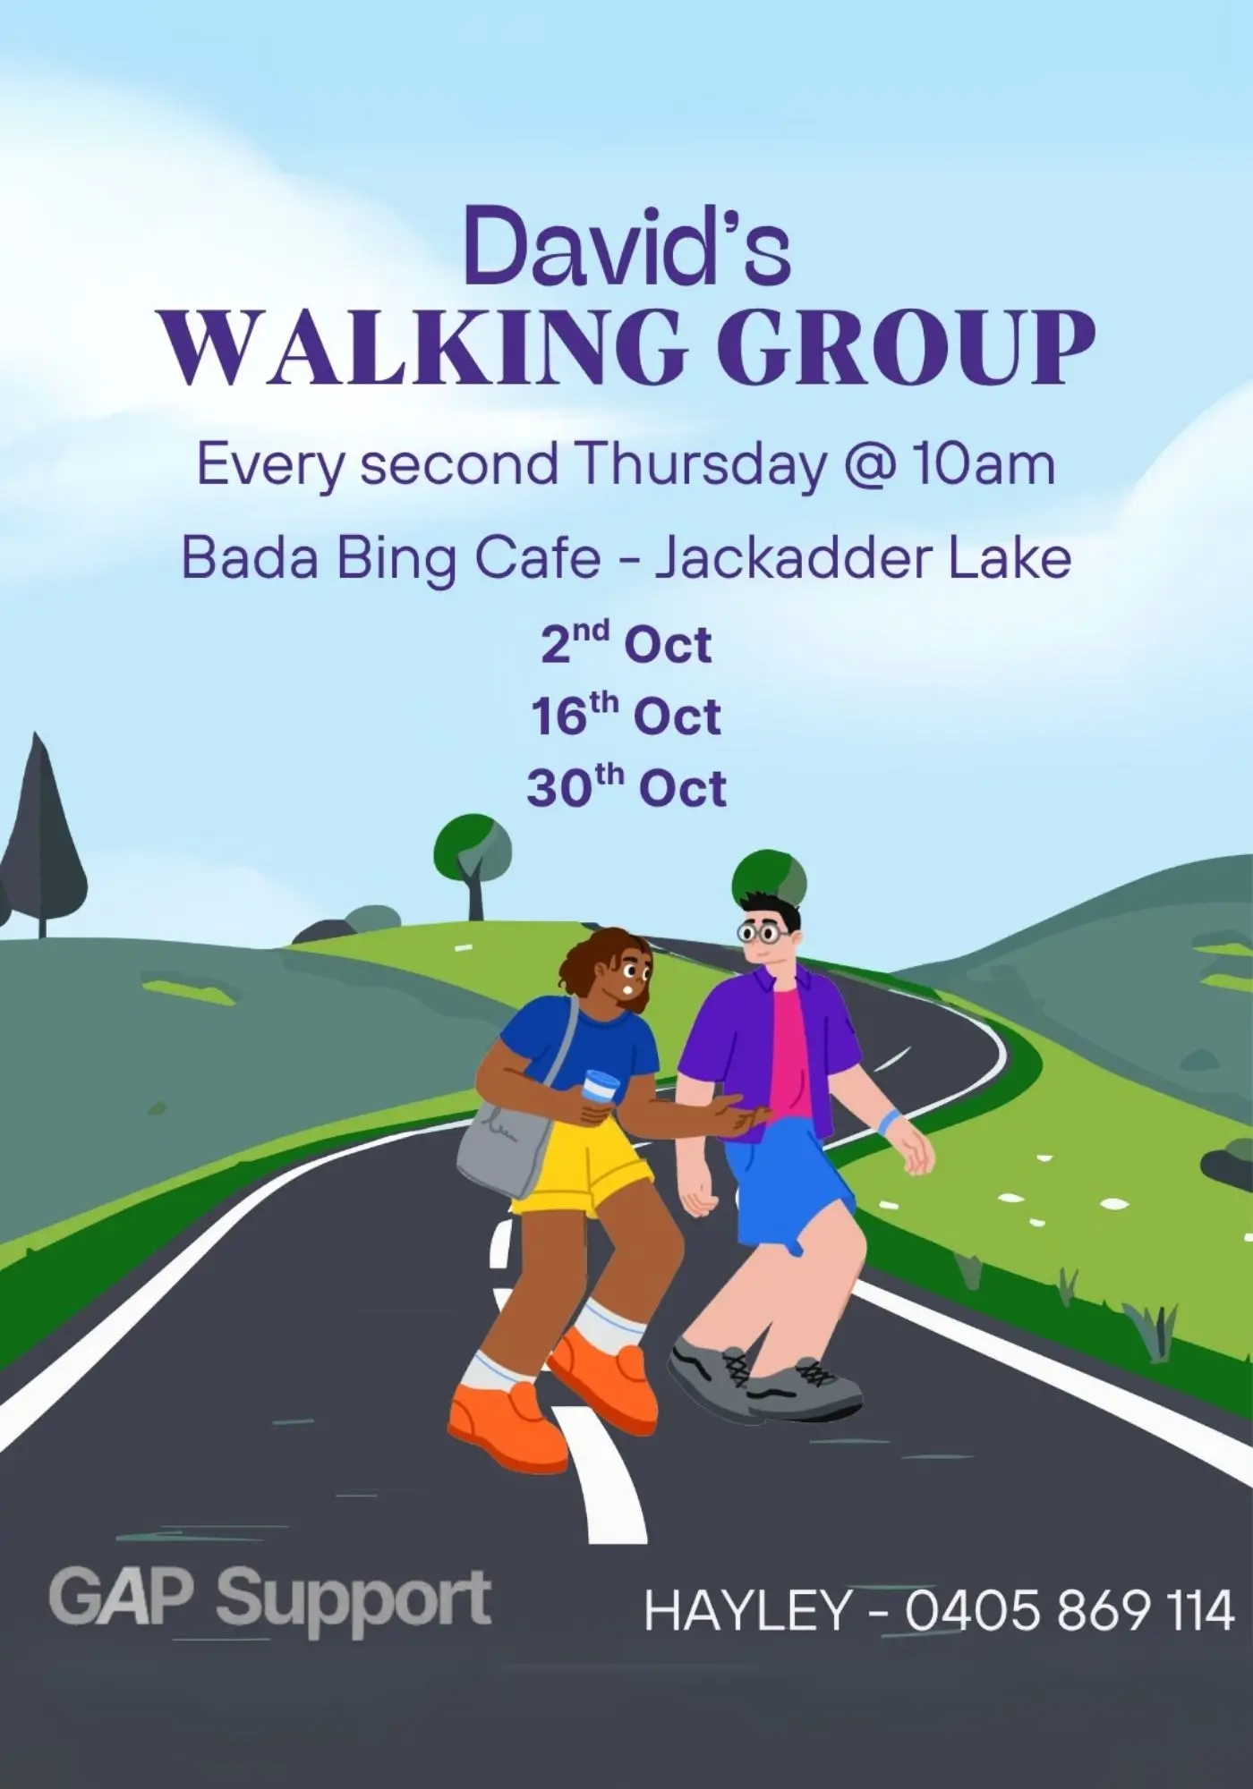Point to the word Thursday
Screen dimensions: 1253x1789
tap(702, 464)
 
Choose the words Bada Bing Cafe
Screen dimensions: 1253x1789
tap(391, 558)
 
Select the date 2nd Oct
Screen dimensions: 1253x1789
tap(626, 643)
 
